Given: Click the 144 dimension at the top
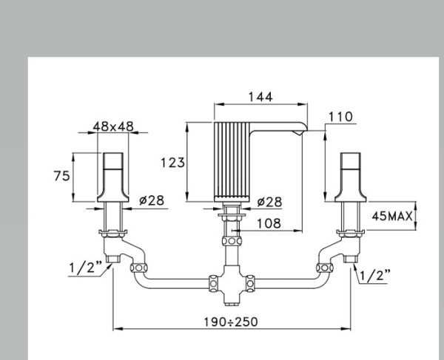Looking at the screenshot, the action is point(260,97).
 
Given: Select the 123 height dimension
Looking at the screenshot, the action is point(172,163).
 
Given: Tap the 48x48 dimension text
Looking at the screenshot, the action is point(113,126).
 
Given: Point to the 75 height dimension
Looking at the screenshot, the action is point(61,176).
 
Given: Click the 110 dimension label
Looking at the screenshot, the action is point(340,117).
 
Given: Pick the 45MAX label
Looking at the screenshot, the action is point(392,217).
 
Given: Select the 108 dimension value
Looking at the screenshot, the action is point(269,223).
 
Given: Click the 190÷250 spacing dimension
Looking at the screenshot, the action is point(231,322).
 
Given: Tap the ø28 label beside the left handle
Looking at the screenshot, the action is point(152,200).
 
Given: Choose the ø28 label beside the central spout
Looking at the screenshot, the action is point(270,202).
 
